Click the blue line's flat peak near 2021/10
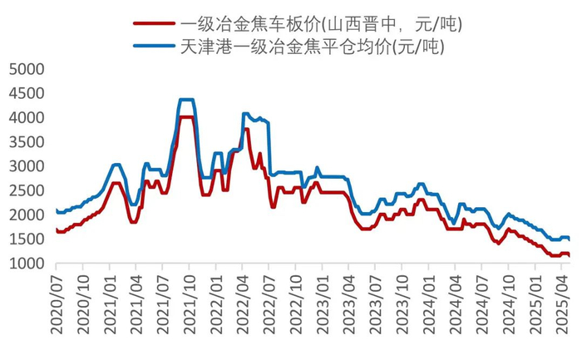(x=187, y=100)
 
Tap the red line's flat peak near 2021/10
(x=187, y=117)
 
